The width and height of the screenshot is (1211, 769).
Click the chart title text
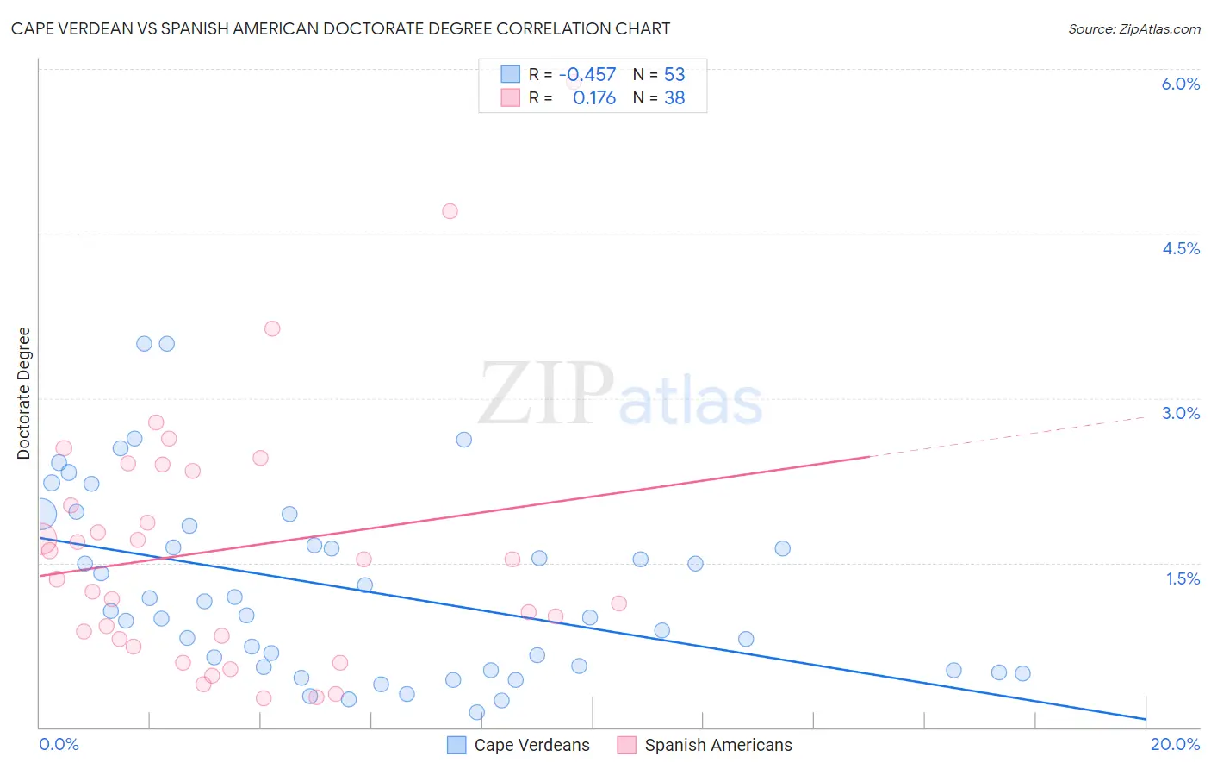tap(340, 28)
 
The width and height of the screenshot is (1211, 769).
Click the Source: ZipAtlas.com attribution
tap(1133, 28)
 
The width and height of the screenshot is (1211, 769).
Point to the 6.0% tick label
tap(1180, 84)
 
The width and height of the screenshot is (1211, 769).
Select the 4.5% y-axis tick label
tap(1180, 248)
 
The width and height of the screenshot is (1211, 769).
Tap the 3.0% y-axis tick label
tap(1180, 413)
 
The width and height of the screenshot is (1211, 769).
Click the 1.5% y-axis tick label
tap(1183, 578)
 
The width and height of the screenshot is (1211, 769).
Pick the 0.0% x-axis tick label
tap(59, 744)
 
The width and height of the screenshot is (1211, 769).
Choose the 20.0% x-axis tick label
tap(1175, 744)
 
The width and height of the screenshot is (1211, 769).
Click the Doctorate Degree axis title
tap(23, 393)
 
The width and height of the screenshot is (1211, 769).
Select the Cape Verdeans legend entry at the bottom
tap(519, 745)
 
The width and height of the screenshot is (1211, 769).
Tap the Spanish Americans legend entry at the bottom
tap(705, 745)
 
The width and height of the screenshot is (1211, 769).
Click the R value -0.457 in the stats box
tap(587, 75)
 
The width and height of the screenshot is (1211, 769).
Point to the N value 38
tap(674, 98)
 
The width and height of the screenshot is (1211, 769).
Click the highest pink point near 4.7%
tap(450, 211)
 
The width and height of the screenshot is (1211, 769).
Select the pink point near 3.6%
tap(272, 328)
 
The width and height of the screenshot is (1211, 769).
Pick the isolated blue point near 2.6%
tap(464, 440)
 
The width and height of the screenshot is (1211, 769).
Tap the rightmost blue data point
tap(1022, 673)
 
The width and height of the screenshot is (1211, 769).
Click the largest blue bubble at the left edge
tap(40, 515)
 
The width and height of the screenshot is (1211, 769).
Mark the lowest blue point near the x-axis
tap(476, 712)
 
